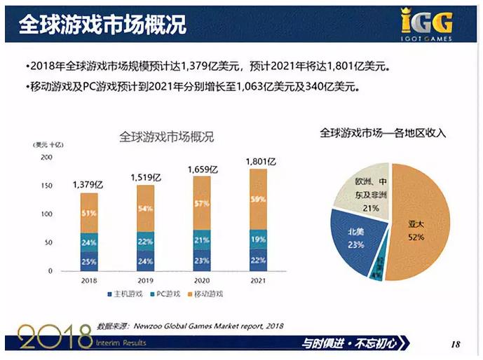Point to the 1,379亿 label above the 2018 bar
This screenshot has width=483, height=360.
click(88, 184)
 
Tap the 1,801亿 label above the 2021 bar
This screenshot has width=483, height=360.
click(261, 162)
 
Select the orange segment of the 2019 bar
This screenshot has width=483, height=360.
click(146, 208)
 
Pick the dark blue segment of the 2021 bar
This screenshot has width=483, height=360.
click(258, 260)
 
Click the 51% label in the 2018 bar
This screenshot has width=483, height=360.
click(89, 213)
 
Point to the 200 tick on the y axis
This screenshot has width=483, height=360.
click(46, 157)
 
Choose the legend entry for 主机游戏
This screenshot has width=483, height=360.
click(126, 294)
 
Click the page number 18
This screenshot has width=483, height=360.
click(456, 344)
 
